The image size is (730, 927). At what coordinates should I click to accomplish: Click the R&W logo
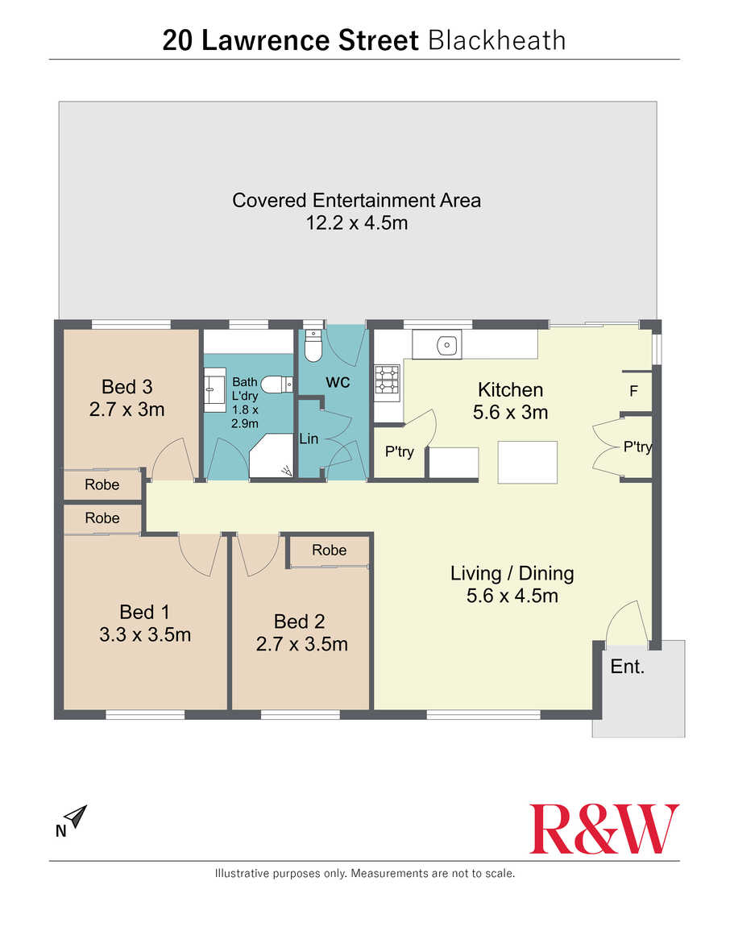click(x=603, y=829)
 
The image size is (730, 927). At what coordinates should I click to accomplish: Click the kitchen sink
click(x=447, y=345)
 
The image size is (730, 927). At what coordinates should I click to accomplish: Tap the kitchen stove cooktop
click(x=388, y=380)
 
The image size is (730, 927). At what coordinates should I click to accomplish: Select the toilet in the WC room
click(x=313, y=346)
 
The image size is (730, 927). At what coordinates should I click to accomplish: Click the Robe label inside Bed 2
click(x=330, y=551)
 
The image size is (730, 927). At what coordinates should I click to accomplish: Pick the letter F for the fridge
click(x=633, y=391)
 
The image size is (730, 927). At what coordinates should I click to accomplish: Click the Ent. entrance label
click(x=627, y=667)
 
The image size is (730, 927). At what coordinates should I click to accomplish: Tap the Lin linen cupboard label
click(x=309, y=439)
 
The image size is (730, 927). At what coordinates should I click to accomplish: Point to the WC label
click(x=338, y=383)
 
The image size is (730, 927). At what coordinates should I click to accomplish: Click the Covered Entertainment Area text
click(x=356, y=201)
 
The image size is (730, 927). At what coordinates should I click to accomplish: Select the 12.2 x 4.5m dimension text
click(x=356, y=222)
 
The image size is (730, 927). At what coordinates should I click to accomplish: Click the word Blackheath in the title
click(x=496, y=40)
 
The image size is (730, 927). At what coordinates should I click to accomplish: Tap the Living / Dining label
click(x=512, y=573)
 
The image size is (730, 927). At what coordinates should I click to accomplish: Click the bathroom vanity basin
click(x=215, y=390)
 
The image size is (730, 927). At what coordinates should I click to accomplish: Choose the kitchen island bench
click(x=527, y=463)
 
